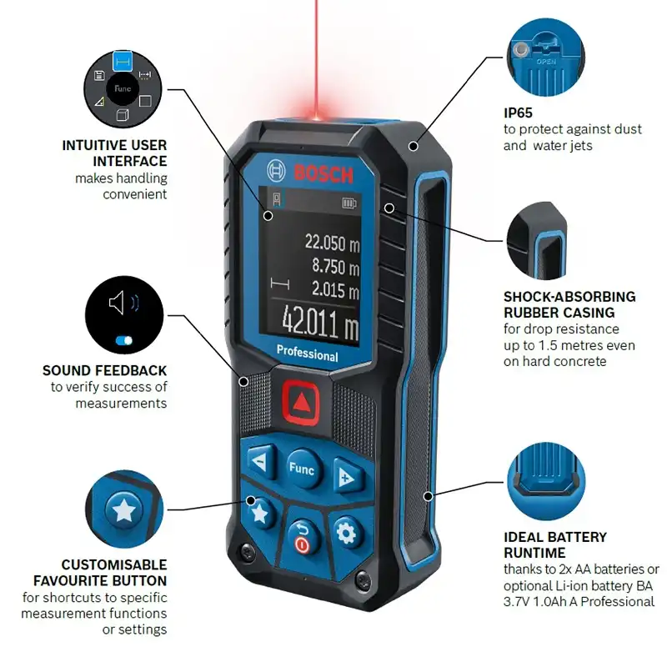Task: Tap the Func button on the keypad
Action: (x=303, y=469)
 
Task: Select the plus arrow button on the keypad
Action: (x=348, y=476)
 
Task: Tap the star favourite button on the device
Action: (x=261, y=514)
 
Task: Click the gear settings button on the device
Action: (x=346, y=534)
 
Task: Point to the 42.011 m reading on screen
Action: (x=321, y=323)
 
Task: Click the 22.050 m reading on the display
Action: (x=332, y=243)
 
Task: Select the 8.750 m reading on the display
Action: (x=336, y=266)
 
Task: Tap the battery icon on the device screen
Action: (x=349, y=203)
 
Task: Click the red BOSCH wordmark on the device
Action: (x=323, y=173)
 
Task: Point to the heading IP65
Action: (x=518, y=113)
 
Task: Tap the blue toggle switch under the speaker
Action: (x=123, y=340)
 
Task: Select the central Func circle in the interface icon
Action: (x=123, y=88)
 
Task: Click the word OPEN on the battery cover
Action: (x=546, y=62)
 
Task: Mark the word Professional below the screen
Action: (x=307, y=353)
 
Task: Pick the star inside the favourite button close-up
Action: (x=123, y=510)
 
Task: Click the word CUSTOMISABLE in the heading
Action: (x=114, y=564)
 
